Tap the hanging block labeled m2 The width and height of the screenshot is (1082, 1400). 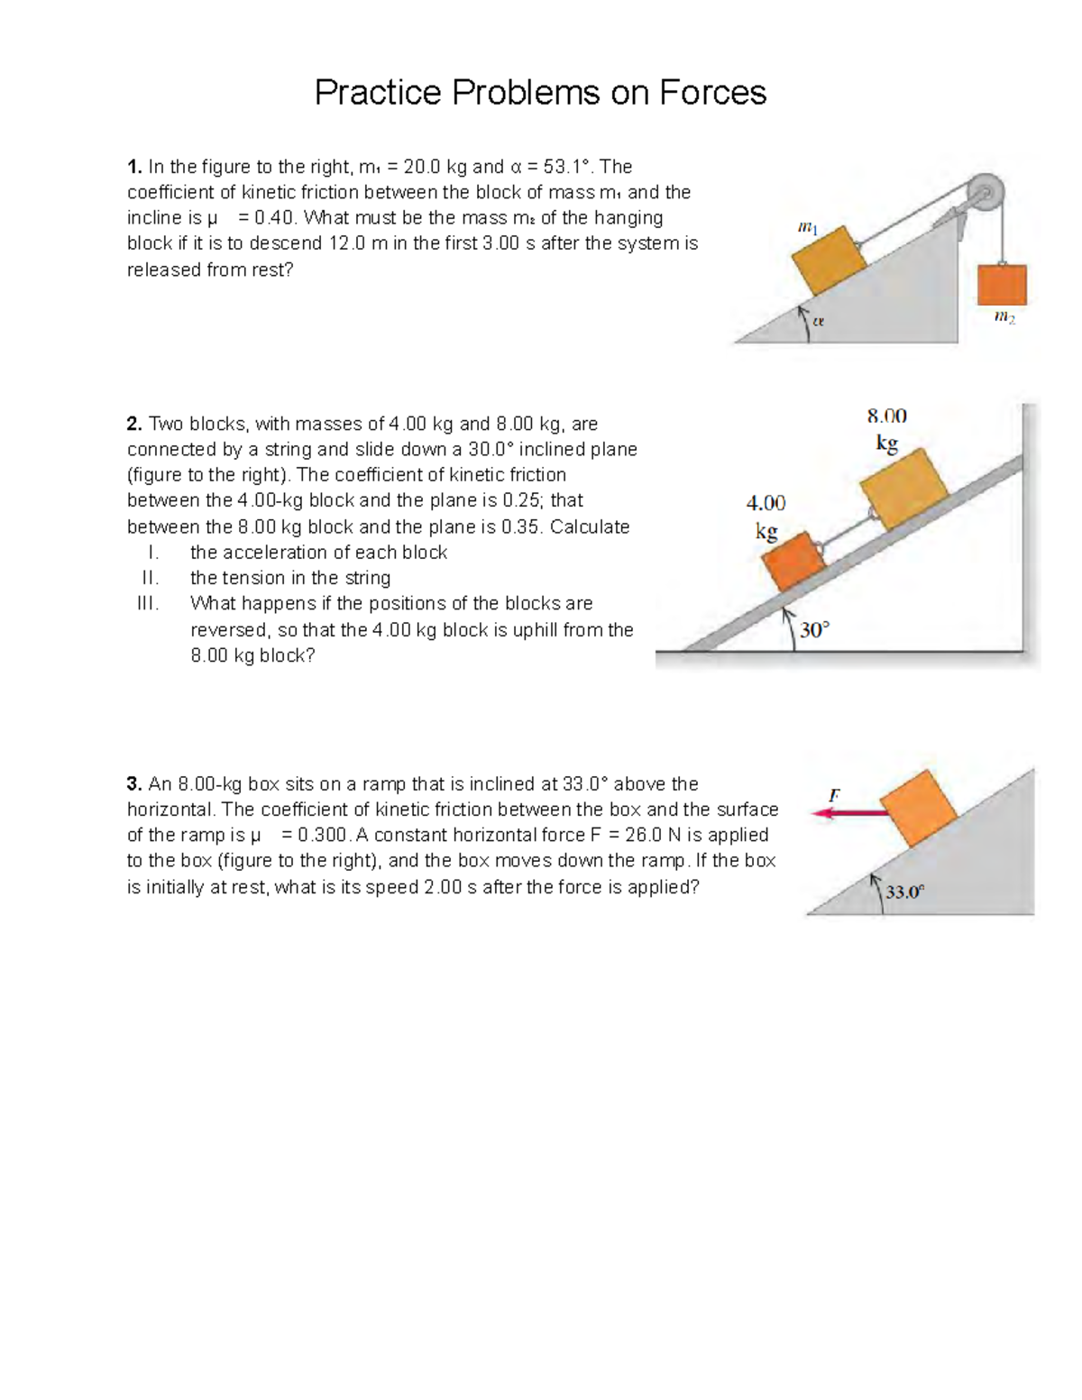click(1002, 285)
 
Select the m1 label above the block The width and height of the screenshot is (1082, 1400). click(808, 229)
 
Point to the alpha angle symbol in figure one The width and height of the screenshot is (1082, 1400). click(818, 321)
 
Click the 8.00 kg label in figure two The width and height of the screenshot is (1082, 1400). click(887, 429)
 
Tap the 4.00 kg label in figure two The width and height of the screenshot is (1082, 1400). click(766, 517)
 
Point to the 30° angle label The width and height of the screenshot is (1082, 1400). click(813, 629)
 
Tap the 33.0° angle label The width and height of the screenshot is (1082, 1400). click(904, 892)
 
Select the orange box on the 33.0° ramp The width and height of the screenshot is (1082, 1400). click(918, 808)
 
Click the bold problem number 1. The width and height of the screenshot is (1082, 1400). click(134, 167)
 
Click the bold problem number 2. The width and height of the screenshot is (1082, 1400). click(134, 424)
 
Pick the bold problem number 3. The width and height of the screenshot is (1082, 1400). click(134, 783)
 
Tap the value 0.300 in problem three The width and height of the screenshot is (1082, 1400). click(324, 835)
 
